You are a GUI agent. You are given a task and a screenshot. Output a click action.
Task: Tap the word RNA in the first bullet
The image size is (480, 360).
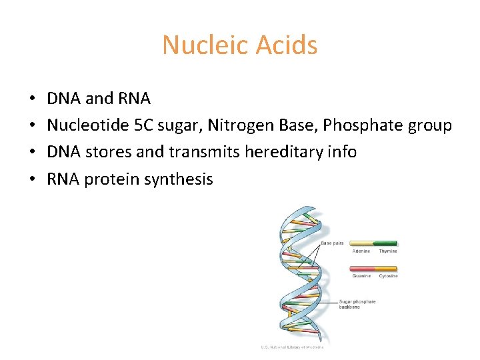[133, 99]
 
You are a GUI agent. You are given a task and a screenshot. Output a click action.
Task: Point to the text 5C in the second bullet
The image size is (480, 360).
[143, 125]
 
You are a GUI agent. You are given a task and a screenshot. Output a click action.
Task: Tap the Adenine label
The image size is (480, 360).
[361, 251]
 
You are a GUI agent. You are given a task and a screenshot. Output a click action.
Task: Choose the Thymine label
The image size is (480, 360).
[387, 251]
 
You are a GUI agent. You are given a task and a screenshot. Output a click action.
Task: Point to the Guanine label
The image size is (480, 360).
[361, 276]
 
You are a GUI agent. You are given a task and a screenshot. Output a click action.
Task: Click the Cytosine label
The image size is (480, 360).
[387, 276]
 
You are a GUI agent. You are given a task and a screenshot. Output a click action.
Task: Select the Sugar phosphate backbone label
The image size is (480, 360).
[357, 304]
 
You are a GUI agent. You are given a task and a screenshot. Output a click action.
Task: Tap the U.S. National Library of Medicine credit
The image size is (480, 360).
[292, 347]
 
